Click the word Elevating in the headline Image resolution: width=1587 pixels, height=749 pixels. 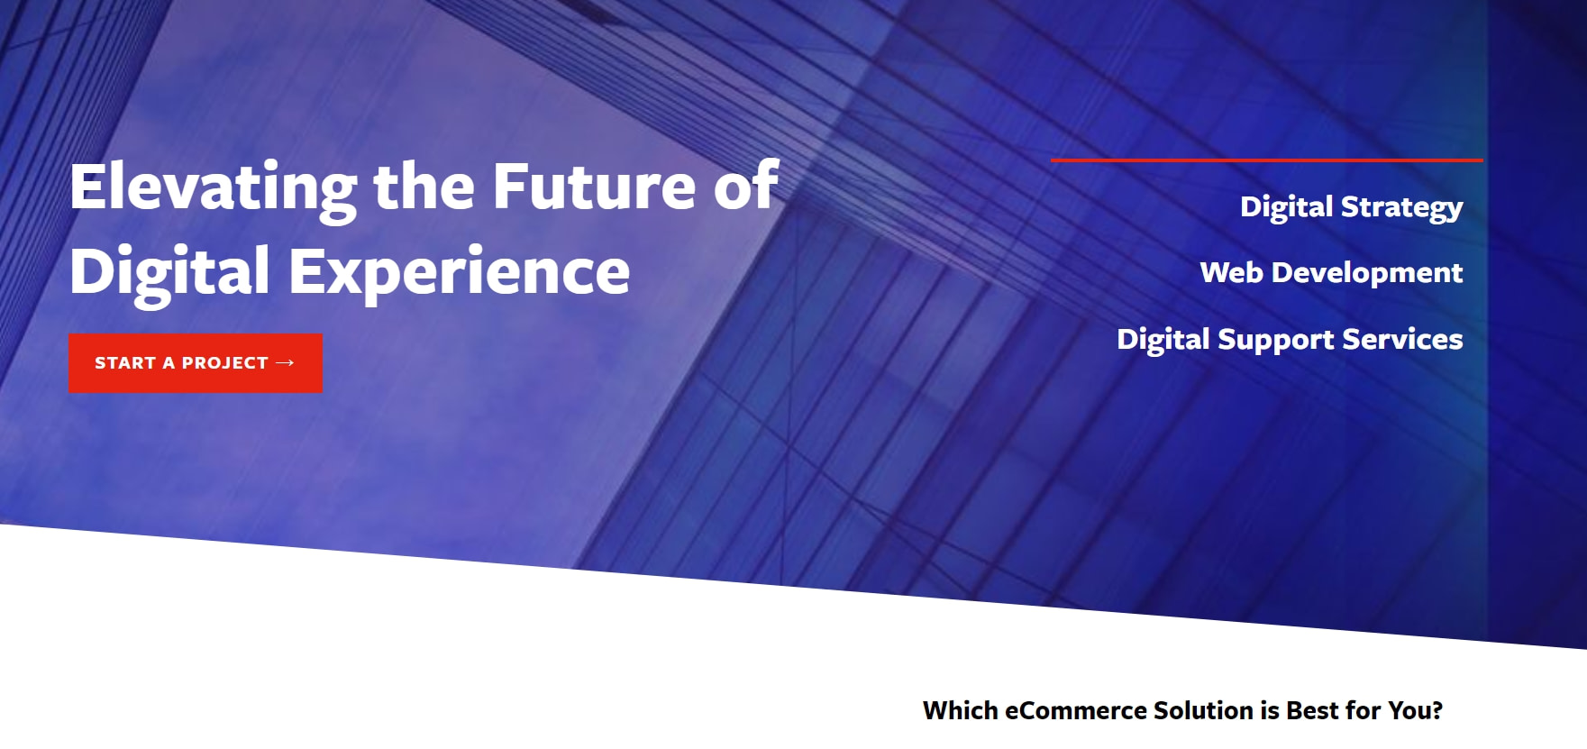(214, 187)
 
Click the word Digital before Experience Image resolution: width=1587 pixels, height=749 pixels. (169, 271)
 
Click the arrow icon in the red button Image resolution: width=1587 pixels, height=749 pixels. (285, 362)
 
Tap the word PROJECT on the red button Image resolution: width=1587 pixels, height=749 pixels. (225, 363)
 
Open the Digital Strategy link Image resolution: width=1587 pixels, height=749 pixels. (1351, 207)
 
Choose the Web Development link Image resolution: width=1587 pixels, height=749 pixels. (1331, 272)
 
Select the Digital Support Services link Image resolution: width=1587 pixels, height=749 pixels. (1290, 339)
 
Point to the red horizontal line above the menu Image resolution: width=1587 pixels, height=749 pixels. (1266, 160)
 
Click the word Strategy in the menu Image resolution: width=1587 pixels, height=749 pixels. (1401, 207)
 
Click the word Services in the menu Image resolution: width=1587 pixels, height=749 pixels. (1402, 339)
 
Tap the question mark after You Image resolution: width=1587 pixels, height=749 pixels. (1437, 711)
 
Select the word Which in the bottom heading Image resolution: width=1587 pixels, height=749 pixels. (961, 711)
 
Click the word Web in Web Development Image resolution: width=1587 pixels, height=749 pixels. (1232, 272)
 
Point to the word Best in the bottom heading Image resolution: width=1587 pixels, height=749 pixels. (1313, 711)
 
